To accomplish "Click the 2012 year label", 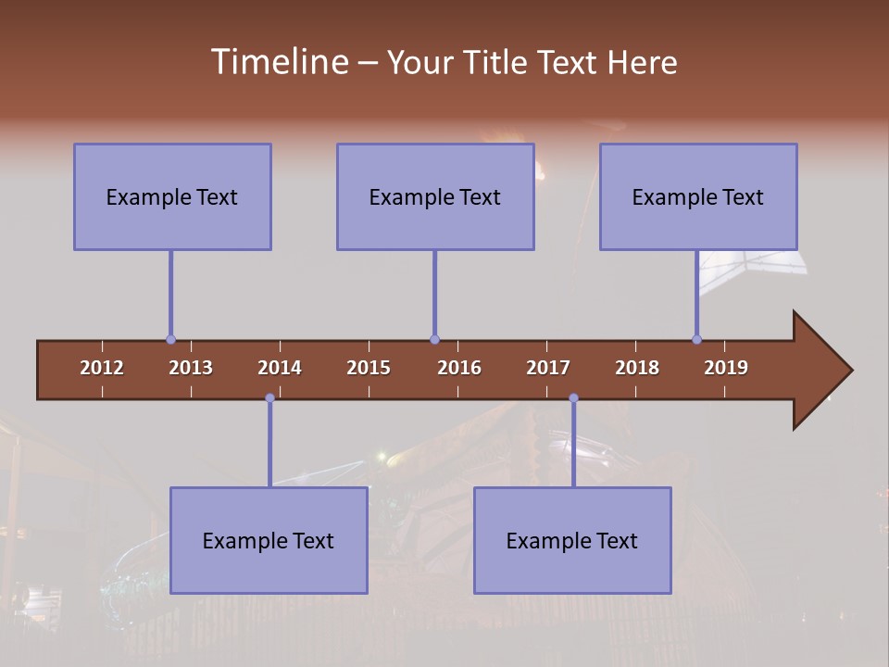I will [x=102, y=368].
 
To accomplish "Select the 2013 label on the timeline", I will [x=191, y=368].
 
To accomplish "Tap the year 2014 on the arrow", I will [x=280, y=368].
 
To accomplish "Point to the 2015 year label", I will [x=369, y=368].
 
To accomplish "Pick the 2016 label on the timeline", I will [x=459, y=368].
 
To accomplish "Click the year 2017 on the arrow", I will [x=548, y=368].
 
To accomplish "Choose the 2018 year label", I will [x=637, y=368].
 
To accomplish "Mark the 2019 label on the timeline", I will [x=726, y=368].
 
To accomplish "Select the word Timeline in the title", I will [x=278, y=62].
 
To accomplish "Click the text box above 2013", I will [x=172, y=196].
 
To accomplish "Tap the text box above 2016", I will [x=435, y=196].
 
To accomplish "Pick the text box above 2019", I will [x=698, y=196].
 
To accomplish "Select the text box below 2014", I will [x=269, y=540].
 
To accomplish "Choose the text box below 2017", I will [x=572, y=540].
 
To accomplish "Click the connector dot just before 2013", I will [x=170, y=340].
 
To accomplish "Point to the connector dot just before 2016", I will [x=434, y=340].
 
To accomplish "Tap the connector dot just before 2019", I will [x=697, y=340].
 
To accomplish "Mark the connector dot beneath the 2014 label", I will [x=269, y=398].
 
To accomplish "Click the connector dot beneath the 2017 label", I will [x=573, y=398].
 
